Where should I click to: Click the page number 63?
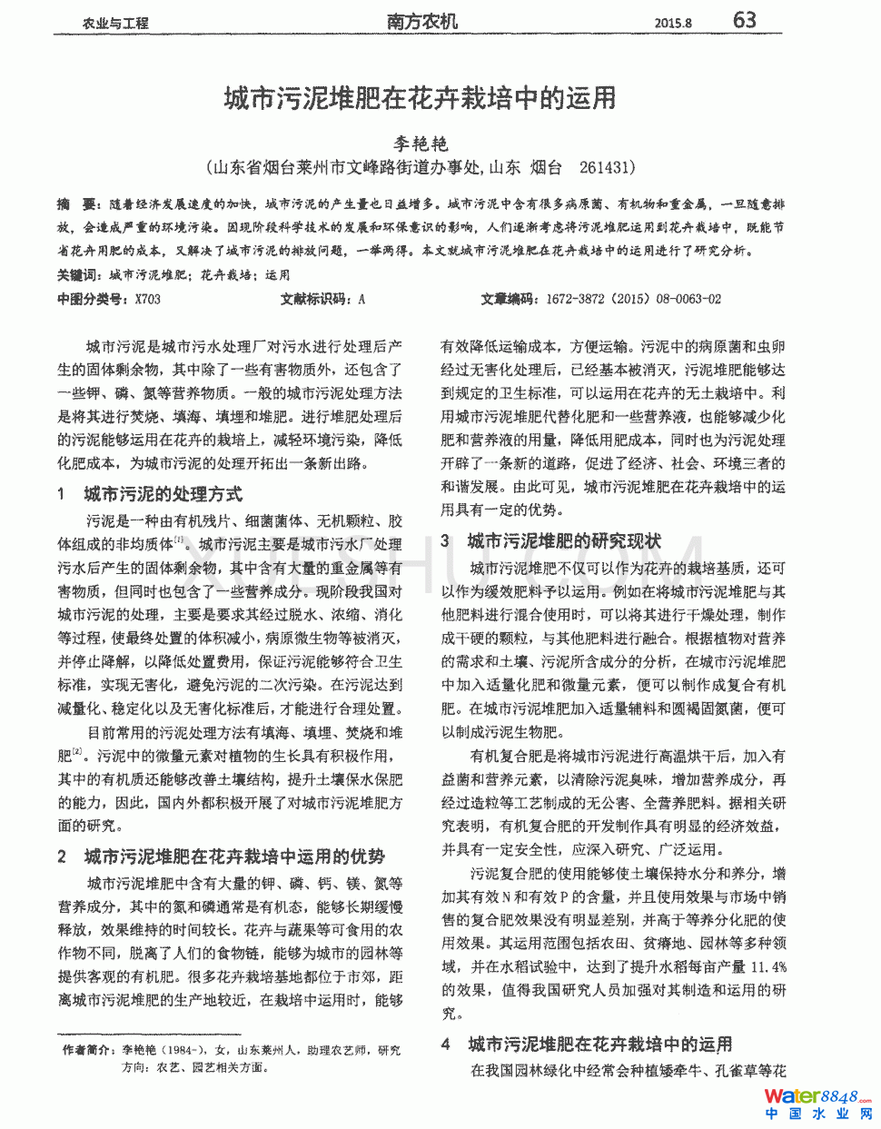pyautogui.click(x=744, y=20)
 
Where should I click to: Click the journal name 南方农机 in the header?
pyautogui.click(x=422, y=22)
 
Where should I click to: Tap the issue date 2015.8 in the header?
pyautogui.click(x=673, y=23)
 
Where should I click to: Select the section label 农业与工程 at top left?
pyautogui.click(x=115, y=24)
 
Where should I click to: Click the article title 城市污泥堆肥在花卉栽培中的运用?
pyautogui.click(x=421, y=98)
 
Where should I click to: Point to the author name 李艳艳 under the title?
pyautogui.click(x=421, y=144)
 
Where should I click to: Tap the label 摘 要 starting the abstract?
pyautogui.click(x=76, y=204)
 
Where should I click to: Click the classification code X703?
pyautogui.click(x=147, y=299)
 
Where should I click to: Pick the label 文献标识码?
pyautogui.click(x=314, y=299)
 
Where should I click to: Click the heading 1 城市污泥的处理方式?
pyautogui.click(x=151, y=494)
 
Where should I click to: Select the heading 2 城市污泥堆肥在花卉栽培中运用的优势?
pyautogui.click(x=222, y=857)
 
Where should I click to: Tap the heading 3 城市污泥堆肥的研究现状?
pyautogui.click(x=552, y=541)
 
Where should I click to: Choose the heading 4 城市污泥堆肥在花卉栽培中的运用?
pyautogui.click(x=588, y=1045)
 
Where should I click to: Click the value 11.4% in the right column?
pyautogui.click(x=767, y=966)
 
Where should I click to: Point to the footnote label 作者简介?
pyautogui.click(x=87, y=1050)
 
